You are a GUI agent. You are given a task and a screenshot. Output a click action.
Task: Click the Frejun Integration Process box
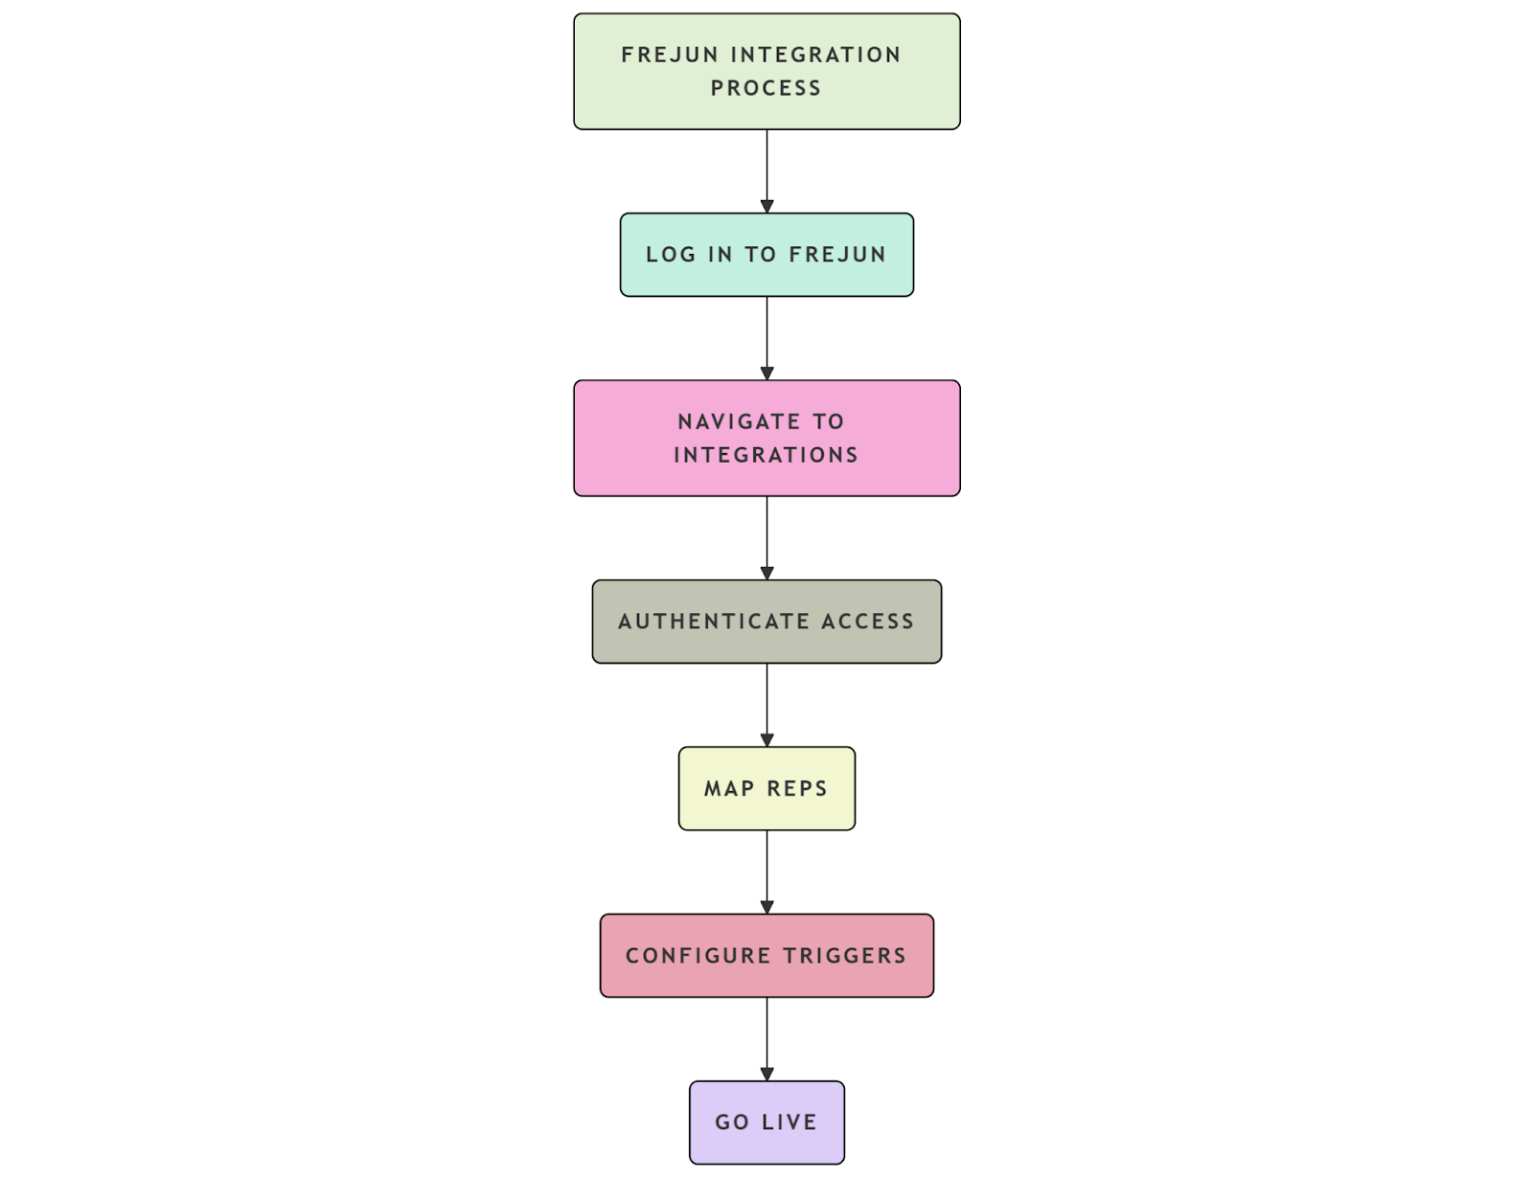point(766,71)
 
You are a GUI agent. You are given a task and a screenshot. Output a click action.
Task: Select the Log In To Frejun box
point(766,255)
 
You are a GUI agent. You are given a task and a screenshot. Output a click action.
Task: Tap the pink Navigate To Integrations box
point(766,438)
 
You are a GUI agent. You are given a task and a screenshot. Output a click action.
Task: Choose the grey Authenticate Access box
point(766,622)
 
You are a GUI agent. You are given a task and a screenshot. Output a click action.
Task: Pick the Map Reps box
point(766,788)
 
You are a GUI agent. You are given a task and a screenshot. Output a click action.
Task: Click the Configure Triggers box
point(766,955)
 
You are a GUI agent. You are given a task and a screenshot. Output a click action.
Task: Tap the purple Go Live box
point(766,1122)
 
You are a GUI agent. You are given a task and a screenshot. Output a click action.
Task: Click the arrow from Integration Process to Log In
point(766,170)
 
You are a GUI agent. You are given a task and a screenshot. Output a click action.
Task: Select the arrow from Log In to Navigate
point(766,337)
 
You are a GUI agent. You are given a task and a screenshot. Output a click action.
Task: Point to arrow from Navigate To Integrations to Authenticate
point(766,537)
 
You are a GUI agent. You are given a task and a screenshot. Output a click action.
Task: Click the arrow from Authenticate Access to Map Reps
point(766,704)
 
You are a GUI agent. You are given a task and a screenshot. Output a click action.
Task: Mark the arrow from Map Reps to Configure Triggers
point(766,872)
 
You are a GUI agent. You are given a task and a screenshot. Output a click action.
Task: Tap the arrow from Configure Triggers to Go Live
point(766,1038)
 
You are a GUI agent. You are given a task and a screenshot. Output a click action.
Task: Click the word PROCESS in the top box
point(766,88)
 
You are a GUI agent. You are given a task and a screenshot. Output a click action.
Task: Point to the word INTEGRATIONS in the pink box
point(766,455)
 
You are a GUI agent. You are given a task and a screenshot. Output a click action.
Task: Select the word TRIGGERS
point(844,956)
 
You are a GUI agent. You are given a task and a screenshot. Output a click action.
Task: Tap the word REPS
point(796,789)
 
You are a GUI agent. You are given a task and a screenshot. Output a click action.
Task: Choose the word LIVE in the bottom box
point(789,1122)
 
